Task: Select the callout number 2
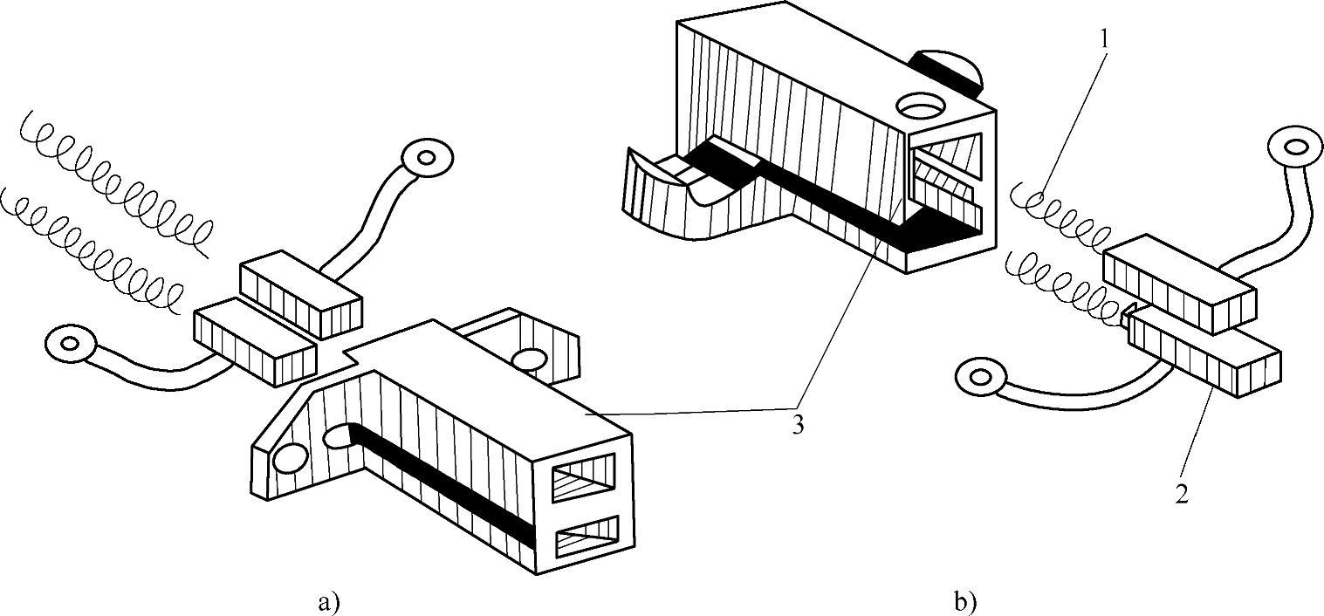pyautogui.click(x=1181, y=494)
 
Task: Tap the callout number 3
pyautogui.click(x=796, y=427)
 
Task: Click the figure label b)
pyautogui.click(x=964, y=601)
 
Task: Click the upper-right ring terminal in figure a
pyautogui.click(x=428, y=157)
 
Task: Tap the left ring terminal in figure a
pyautogui.click(x=69, y=341)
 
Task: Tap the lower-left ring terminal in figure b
pyautogui.click(x=980, y=378)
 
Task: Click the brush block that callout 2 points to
pyautogui.click(x=1204, y=360)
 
